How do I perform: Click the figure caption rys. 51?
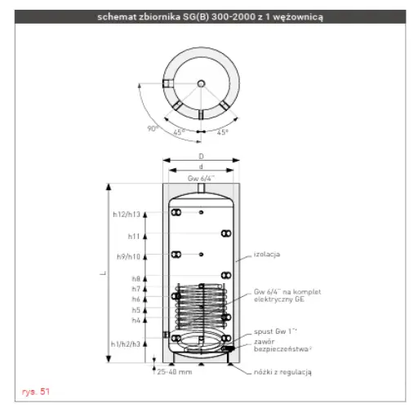point(36,392)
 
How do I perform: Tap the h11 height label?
point(134,237)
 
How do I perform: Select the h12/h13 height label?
point(127,215)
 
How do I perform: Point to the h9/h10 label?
point(128,256)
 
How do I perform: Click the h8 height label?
point(136,279)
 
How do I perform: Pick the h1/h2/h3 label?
point(126,344)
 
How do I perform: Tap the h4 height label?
point(136,320)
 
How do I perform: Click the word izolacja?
point(267,255)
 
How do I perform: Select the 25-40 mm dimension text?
point(175,372)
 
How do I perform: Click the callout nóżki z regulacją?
point(282,372)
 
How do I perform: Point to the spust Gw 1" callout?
point(275,331)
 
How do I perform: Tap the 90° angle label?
point(153,128)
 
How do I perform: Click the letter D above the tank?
point(201,157)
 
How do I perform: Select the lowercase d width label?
point(201,166)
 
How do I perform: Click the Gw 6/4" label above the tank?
point(201,179)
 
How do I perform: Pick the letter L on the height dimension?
point(103,273)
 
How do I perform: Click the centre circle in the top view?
point(202,83)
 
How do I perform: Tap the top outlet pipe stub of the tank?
point(201,188)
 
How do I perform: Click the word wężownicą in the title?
point(298,17)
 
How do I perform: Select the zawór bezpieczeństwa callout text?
point(282,345)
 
